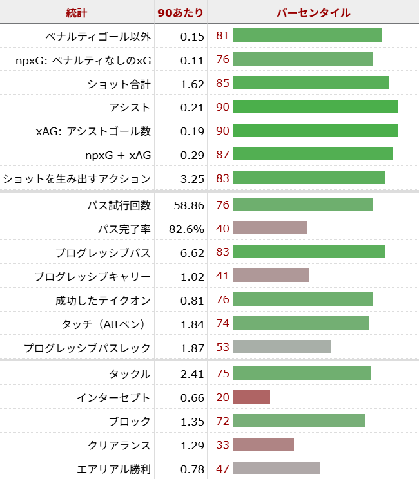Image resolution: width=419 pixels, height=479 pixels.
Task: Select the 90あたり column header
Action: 180,12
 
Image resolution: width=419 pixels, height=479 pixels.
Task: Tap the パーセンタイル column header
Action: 313,12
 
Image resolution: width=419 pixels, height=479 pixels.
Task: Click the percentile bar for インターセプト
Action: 251,397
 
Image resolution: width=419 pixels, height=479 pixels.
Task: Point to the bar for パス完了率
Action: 269,228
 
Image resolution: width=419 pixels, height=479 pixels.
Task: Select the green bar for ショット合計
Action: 311,83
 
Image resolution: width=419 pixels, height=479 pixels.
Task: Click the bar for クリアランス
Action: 263,444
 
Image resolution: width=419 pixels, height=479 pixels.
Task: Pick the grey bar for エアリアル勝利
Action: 276,468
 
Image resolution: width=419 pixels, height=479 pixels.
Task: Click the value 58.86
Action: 189,205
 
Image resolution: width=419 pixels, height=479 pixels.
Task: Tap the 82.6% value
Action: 188,229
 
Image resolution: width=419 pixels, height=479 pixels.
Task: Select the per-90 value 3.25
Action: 192,178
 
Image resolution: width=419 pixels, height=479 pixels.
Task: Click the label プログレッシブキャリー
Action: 93,276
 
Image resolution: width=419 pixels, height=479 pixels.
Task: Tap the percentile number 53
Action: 222,348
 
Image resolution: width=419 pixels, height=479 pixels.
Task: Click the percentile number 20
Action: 222,397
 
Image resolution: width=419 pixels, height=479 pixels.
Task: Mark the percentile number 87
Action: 222,155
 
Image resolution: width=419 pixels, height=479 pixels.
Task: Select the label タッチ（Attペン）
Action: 106,324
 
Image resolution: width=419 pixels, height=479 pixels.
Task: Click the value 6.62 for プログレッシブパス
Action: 192,252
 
